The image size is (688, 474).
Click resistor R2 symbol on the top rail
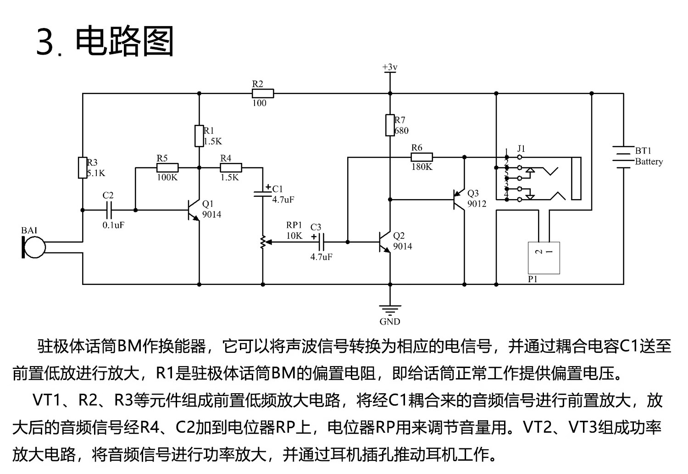click(263, 94)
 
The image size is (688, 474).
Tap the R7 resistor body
click(390, 125)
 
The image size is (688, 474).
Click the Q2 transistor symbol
click(385, 241)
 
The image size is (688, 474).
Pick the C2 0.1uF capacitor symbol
click(109, 210)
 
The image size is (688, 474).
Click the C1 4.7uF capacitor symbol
click(263, 192)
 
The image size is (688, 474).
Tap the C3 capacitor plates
click(321, 241)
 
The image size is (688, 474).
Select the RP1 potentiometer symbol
click(263, 242)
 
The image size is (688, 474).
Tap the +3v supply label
click(390, 67)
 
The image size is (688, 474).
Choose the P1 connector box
click(544, 258)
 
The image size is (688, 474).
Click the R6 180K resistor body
click(422, 157)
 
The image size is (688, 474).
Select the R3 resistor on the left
click(83, 167)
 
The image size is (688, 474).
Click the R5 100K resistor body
click(167, 168)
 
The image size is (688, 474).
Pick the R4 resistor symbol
click(231, 168)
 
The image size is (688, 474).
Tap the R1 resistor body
click(199, 136)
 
